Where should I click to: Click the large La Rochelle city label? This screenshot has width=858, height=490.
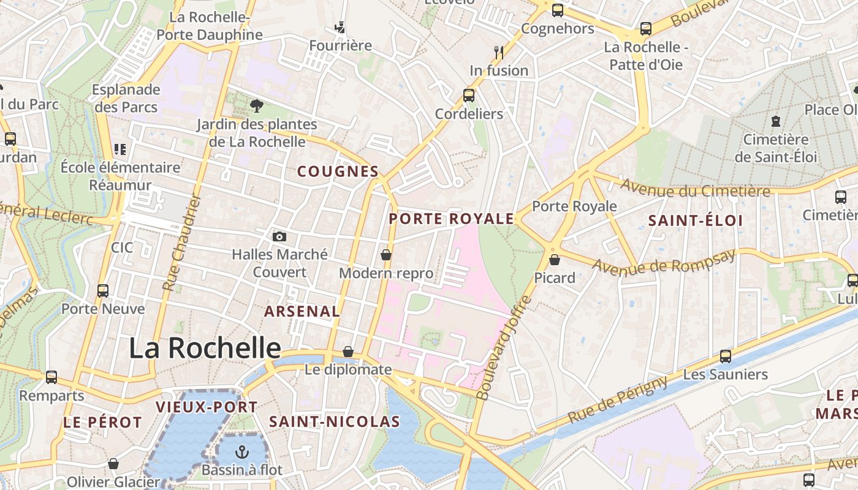(x=205, y=348)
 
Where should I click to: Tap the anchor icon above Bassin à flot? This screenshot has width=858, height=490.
(x=243, y=453)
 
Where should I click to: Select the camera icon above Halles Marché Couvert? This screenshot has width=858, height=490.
(x=279, y=236)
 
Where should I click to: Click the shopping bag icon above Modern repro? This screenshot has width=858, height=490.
(x=386, y=254)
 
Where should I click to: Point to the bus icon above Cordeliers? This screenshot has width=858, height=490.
(x=469, y=95)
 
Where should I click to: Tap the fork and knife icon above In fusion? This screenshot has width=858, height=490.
(x=499, y=52)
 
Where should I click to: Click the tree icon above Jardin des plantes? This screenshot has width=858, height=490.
(x=257, y=106)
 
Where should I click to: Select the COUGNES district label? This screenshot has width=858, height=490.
(x=338, y=171)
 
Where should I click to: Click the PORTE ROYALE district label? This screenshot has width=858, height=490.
(x=451, y=219)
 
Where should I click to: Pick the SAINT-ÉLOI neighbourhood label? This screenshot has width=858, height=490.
(x=696, y=221)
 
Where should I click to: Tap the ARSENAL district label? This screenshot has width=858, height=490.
(x=302, y=311)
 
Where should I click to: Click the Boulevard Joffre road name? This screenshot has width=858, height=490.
(x=504, y=348)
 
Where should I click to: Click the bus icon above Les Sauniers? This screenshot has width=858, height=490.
(x=726, y=356)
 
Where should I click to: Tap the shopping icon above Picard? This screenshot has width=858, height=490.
(x=555, y=260)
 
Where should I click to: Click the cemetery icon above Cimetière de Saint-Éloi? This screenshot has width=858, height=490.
(x=776, y=121)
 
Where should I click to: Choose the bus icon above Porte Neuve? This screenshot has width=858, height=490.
(x=103, y=290)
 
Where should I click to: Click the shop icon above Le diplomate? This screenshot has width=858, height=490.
(x=348, y=352)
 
